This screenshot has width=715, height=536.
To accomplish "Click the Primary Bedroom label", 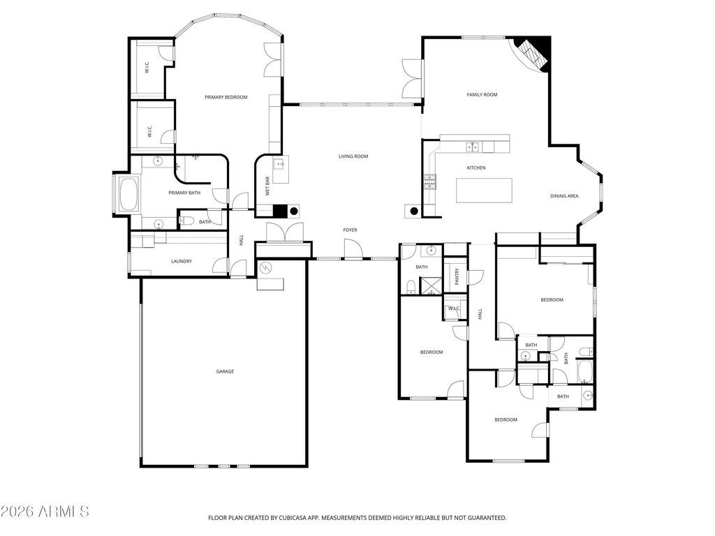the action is (x=226, y=97).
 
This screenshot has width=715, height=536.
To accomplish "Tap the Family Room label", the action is (x=482, y=95).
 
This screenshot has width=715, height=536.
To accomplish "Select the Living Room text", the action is (x=353, y=156).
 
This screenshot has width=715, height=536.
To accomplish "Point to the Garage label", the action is (x=225, y=371).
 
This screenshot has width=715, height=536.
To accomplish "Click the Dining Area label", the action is (x=564, y=196).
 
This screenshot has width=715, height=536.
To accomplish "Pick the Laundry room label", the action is (x=182, y=261).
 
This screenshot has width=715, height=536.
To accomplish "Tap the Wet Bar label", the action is (x=267, y=186).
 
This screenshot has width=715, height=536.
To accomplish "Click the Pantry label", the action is (x=457, y=276).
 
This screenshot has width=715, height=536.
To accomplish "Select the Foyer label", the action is (x=351, y=230).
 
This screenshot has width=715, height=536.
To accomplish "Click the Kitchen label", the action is (x=476, y=167).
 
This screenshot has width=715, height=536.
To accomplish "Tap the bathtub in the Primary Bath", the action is (x=128, y=194).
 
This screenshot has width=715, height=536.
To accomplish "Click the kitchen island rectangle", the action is (x=485, y=191).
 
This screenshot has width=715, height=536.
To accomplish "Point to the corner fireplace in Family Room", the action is (x=533, y=52).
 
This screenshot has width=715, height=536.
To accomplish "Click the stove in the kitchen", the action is (x=429, y=182).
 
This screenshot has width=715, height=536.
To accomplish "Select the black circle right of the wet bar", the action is (x=294, y=211).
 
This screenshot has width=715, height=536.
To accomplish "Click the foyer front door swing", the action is (x=353, y=250).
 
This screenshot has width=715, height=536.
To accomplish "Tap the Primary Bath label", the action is (x=184, y=193).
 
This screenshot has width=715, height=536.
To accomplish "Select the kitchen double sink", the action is (x=473, y=147).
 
